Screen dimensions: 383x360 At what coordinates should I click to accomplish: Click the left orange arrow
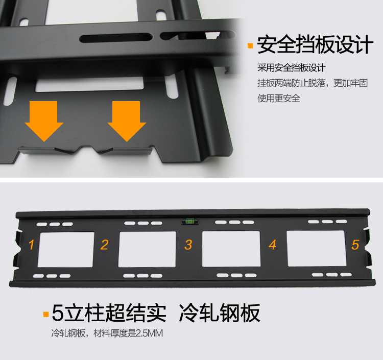click(44, 121)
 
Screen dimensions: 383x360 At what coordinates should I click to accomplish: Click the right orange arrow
click(127, 121)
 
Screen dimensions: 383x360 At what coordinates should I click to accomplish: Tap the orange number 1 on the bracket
click(31, 245)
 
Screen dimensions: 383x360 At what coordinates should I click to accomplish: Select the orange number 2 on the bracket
click(105, 245)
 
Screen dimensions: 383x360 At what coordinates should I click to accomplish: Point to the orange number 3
click(188, 245)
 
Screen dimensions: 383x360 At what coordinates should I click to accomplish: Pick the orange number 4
click(273, 245)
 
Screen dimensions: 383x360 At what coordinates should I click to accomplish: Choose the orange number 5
click(355, 245)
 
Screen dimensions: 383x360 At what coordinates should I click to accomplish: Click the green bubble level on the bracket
click(190, 221)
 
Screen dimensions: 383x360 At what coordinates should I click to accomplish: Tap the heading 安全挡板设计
click(315, 44)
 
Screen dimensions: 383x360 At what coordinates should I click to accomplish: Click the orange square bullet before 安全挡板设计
click(250, 45)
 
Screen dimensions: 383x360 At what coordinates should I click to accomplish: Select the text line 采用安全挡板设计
click(292, 67)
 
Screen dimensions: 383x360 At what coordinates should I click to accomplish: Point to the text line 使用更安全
click(279, 98)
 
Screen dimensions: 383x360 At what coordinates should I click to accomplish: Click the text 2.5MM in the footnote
click(149, 333)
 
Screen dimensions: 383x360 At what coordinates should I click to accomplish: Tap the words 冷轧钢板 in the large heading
click(220, 313)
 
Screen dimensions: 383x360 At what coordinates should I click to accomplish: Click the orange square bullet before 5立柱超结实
click(46, 314)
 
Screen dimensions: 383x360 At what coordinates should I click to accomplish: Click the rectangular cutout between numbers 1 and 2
click(66, 250)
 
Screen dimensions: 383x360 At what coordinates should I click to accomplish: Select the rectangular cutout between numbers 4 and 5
click(316, 248)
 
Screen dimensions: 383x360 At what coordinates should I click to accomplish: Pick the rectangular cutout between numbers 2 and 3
click(147, 249)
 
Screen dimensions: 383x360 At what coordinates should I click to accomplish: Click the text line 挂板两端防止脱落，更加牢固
click(313, 83)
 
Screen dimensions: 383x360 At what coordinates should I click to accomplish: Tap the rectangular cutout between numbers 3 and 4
click(231, 249)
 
